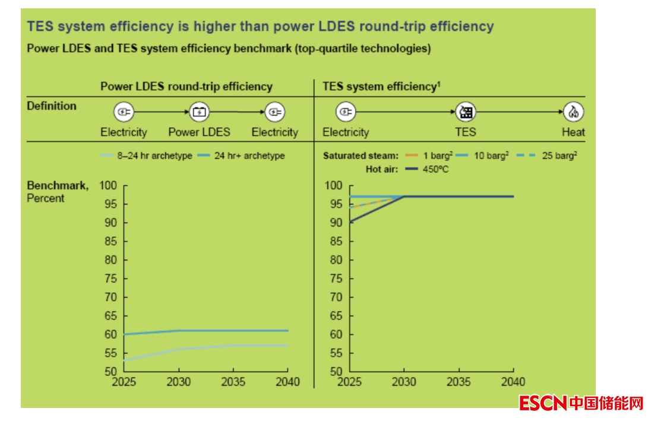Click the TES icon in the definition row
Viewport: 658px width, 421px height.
[465, 112]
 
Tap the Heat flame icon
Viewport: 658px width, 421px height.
[574, 112]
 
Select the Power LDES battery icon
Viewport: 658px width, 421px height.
[199, 112]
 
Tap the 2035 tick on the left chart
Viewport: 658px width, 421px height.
[233, 382]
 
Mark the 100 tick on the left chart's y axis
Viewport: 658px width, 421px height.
[108, 186]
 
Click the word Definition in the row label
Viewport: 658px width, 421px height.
[52, 106]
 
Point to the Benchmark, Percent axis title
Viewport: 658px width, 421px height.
[58, 192]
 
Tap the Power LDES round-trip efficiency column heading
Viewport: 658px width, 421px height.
[186, 87]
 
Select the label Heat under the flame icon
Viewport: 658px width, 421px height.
[573, 132]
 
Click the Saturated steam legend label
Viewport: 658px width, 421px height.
[360, 156]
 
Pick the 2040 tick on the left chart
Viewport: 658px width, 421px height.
[288, 382]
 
